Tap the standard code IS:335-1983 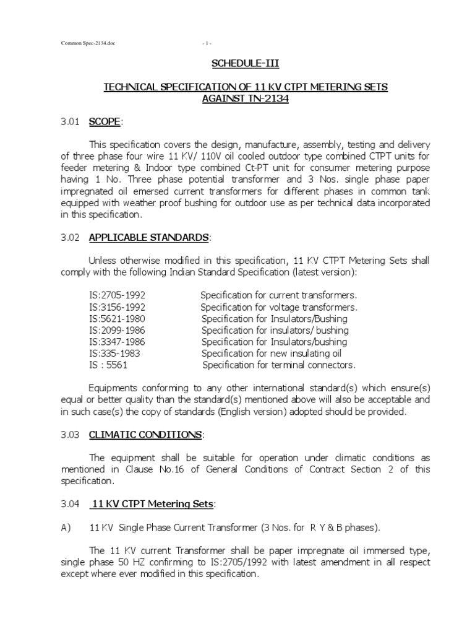[114, 354]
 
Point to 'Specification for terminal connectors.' [279, 365]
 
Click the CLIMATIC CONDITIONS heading [145, 435]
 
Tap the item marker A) [66, 528]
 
